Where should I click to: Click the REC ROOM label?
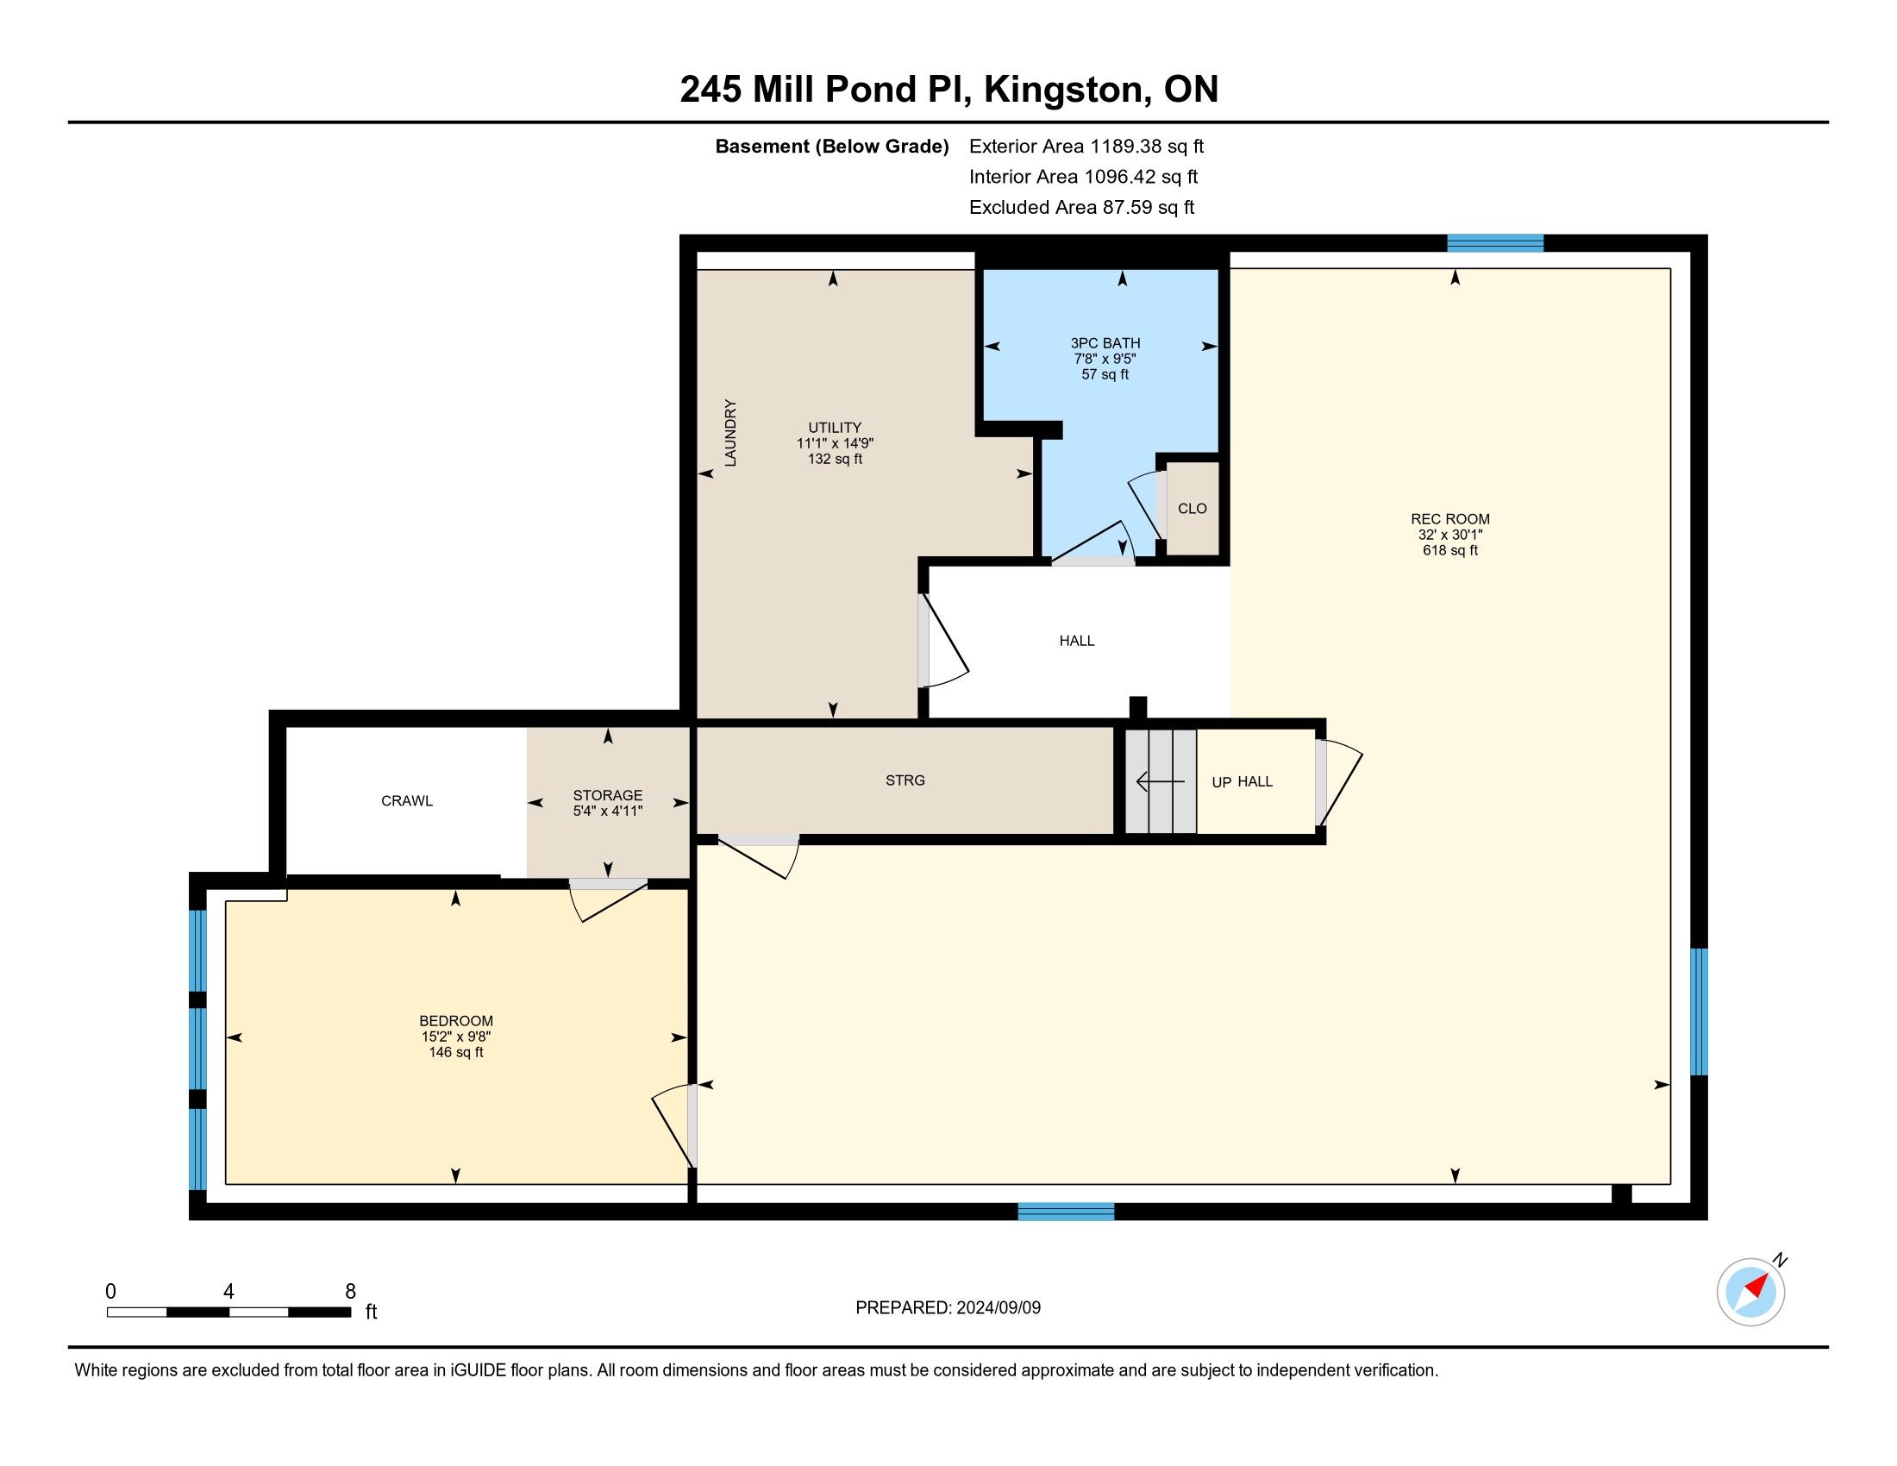click(x=1449, y=519)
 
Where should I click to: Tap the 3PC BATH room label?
click(x=1105, y=343)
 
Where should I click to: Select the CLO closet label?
click(x=1192, y=509)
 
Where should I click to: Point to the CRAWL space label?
click(x=406, y=801)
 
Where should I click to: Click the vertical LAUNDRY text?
click(x=730, y=433)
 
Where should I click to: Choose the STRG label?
click(x=905, y=780)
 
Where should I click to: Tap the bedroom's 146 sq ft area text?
click(x=456, y=1053)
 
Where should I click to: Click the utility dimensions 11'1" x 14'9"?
click(x=835, y=443)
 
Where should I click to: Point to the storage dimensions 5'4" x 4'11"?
click(x=607, y=811)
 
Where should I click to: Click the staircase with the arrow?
click(x=1161, y=781)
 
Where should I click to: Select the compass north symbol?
click(x=1751, y=1292)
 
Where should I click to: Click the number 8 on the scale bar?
click(x=350, y=1292)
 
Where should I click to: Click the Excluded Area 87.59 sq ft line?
click(x=1081, y=208)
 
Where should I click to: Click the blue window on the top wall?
click(x=1495, y=243)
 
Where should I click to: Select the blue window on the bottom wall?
click(x=1066, y=1212)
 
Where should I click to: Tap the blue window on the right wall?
click(x=1699, y=1012)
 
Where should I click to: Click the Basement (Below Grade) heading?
click(x=831, y=147)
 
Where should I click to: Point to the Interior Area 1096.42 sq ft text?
click(x=1083, y=177)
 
